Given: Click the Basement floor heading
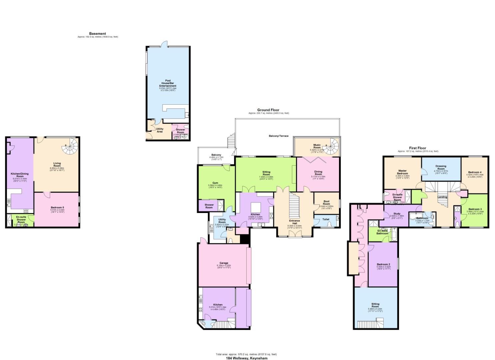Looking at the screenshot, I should coord(97,34).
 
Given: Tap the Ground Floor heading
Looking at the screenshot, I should coord(268,110).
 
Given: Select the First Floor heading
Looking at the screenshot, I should coord(417,148).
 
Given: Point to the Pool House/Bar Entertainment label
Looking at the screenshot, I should coord(167,83).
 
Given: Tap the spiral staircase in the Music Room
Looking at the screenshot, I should coord(332,145).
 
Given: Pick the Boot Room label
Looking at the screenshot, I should coord(326,202).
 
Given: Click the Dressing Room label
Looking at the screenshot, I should coord(441,167).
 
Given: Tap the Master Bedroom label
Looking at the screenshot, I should coord(402,172).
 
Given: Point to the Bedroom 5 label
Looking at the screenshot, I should coord(57,207).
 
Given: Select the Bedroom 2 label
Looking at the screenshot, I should coord(383,264).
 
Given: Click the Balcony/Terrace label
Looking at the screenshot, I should coord(279,136).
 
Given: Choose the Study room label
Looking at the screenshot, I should coord(396,214).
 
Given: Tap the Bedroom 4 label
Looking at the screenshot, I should coord(475,172).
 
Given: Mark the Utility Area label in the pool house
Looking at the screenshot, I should coord(159,130).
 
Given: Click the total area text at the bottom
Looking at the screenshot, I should coord(246,354).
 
